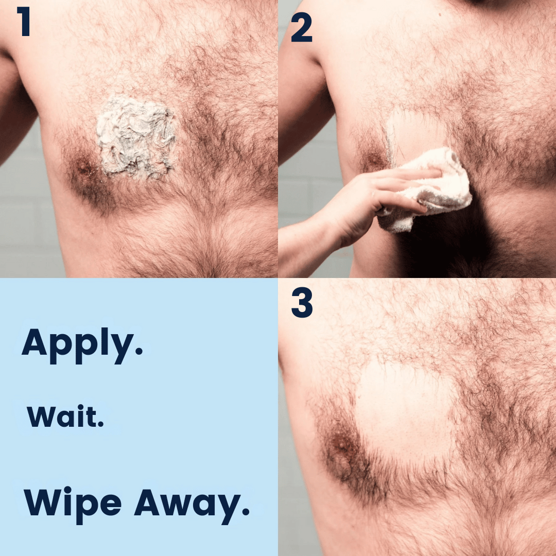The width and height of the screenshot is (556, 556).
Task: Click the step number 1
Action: point(24,21)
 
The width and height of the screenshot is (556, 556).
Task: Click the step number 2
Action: point(301,27)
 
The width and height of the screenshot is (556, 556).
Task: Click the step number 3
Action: point(302,302)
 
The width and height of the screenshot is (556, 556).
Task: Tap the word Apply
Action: point(82,345)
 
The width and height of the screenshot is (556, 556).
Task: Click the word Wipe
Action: point(73,505)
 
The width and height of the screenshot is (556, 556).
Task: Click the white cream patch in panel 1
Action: point(136,137)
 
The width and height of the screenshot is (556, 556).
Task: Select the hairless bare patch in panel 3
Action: point(404,411)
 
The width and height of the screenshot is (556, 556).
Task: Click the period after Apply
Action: point(138,351)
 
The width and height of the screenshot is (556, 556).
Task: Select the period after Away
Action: point(246,511)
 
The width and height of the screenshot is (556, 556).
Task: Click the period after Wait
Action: point(101,423)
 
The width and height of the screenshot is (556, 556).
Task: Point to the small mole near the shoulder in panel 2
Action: point(439,14)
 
